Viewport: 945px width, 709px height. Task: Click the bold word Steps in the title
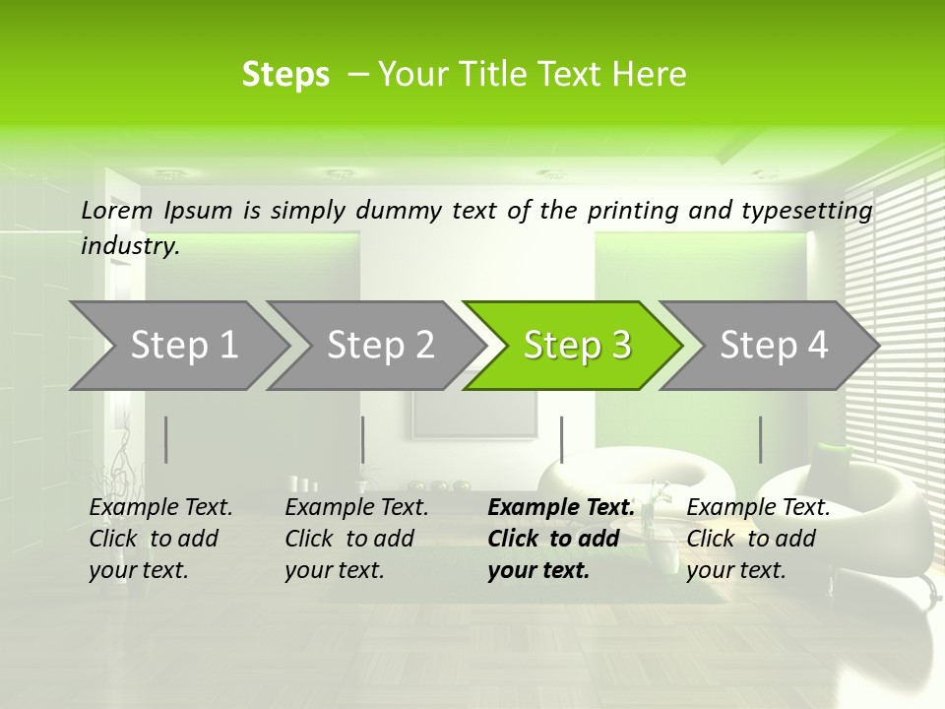click(x=285, y=75)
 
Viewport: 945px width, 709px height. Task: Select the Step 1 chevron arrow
click(x=177, y=345)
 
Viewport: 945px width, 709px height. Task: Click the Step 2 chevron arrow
click(x=374, y=345)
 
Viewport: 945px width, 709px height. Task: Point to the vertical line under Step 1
click(x=166, y=439)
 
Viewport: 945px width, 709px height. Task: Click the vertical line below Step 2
click(x=363, y=439)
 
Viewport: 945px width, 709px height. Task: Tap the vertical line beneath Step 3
click(x=561, y=439)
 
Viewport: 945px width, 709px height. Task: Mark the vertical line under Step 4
click(x=760, y=439)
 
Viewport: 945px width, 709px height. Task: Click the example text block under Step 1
click(x=159, y=539)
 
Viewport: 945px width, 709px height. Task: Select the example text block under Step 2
click(x=355, y=539)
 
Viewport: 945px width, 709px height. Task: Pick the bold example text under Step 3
click(x=559, y=539)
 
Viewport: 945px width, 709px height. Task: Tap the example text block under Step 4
click(x=757, y=539)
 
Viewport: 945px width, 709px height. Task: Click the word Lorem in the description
click(x=117, y=210)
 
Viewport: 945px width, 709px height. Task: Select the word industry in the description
click(x=129, y=246)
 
